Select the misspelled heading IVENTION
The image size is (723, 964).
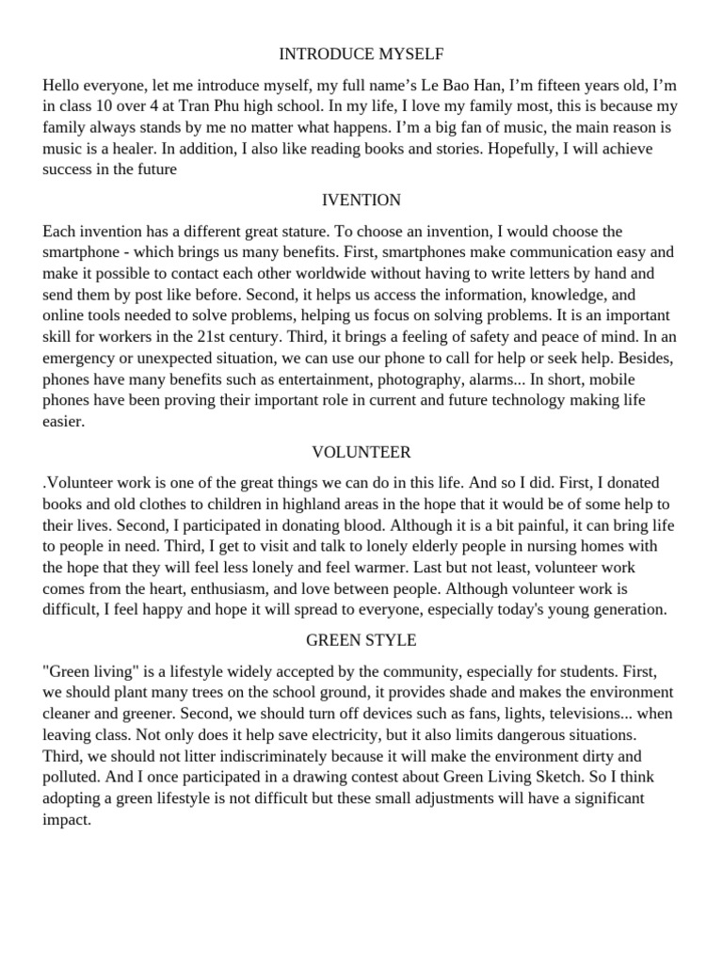[361, 200]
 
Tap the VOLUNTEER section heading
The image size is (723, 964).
[361, 452]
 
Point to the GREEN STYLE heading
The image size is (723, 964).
[361, 640]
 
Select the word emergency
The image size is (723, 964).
[83, 359]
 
